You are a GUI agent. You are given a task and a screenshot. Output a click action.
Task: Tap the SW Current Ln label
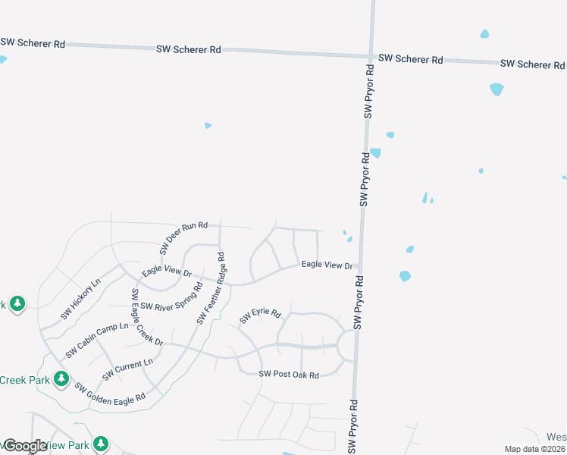click(127, 369)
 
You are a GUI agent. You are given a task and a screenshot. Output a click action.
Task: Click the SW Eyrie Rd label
click(260, 316)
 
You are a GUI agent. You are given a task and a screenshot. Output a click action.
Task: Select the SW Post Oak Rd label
click(289, 374)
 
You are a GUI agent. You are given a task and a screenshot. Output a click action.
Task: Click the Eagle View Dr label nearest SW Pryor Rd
click(327, 265)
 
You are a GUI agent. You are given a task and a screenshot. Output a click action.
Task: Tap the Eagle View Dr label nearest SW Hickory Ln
click(167, 269)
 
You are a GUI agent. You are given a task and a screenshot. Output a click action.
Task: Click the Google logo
click(25, 446)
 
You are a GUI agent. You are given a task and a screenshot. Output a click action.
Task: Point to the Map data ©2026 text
click(534, 449)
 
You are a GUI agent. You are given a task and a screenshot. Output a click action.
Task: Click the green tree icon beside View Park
click(101, 444)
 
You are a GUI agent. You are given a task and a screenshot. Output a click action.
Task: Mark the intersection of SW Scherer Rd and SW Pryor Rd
click(371, 56)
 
